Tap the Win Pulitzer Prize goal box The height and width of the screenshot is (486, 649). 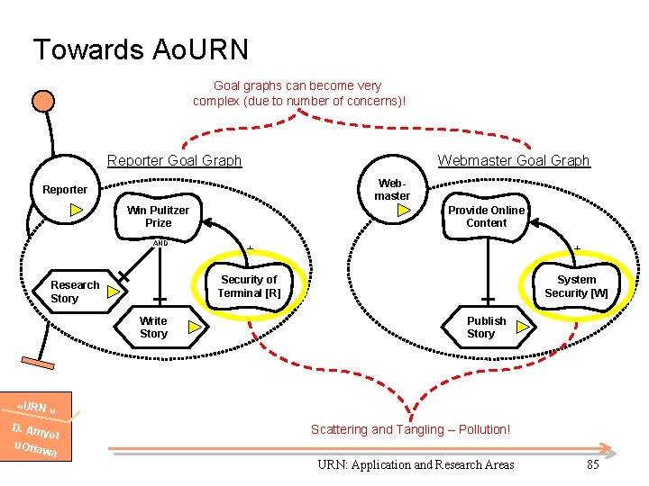[x=158, y=217]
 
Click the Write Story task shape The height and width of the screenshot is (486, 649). [x=153, y=328]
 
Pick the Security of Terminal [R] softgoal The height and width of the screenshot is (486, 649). [x=249, y=286]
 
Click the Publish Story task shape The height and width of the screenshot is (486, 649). [x=486, y=328]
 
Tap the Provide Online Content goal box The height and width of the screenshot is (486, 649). [x=486, y=217]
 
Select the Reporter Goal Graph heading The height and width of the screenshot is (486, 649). [x=174, y=161]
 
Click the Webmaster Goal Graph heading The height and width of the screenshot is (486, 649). [x=513, y=161]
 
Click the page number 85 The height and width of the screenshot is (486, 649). [x=592, y=464]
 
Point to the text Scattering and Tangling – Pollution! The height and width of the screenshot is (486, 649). [x=410, y=429]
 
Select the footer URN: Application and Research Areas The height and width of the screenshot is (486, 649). [x=416, y=464]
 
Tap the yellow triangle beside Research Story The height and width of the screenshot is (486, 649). [x=114, y=292]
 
